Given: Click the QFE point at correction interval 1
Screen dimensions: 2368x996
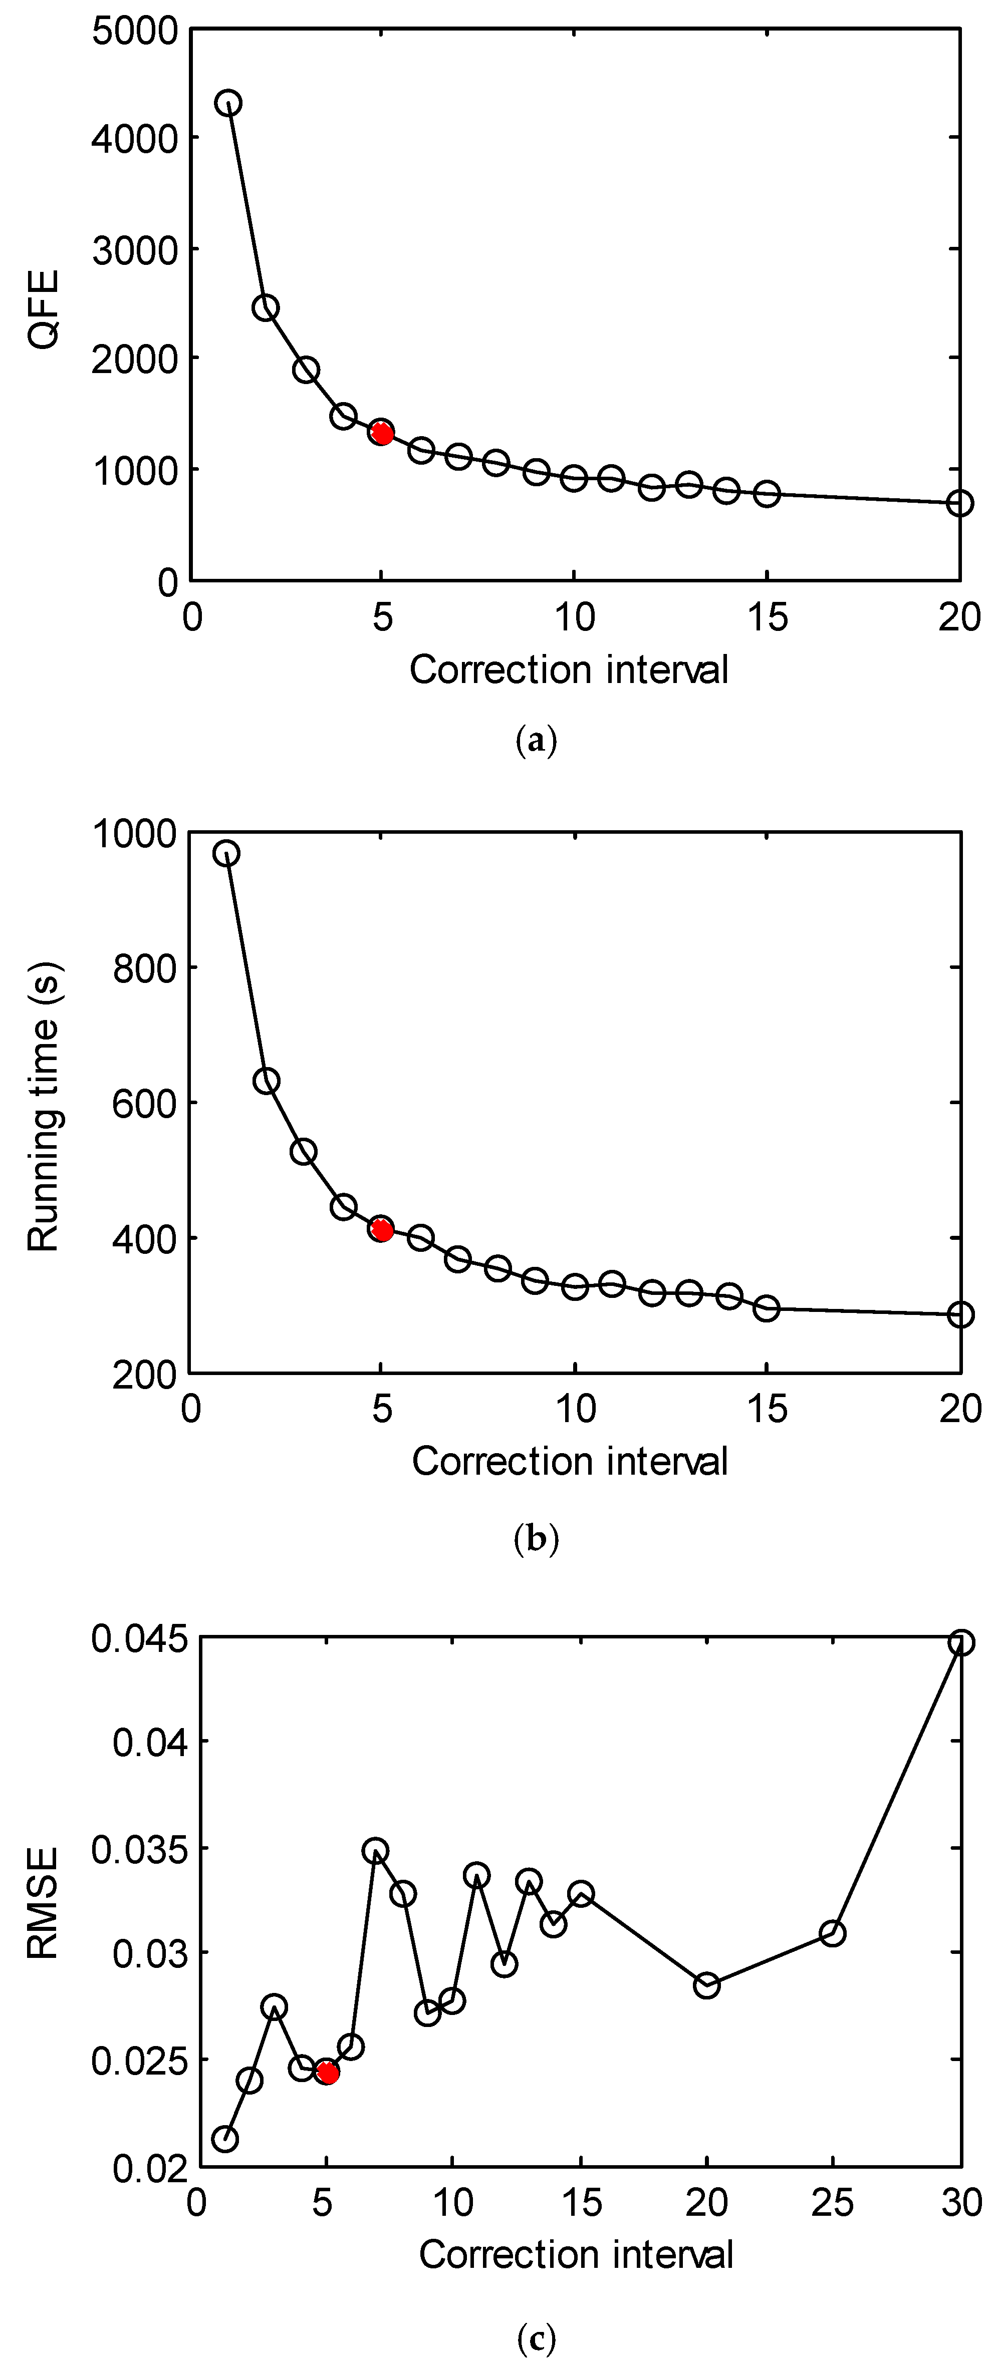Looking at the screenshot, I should [x=228, y=103].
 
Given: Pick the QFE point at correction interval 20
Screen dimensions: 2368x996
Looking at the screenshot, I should [x=959, y=503].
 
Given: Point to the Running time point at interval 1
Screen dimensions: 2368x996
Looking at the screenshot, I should [x=226, y=854].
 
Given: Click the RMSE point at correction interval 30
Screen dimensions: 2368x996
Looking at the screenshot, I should [x=960, y=1642].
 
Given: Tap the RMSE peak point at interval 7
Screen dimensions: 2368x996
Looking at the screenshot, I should [x=375, y=1850].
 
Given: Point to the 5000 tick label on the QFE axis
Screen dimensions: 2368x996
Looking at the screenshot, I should [x=135, y=31].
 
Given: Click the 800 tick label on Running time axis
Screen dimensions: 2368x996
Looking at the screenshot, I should [x=144, y=968].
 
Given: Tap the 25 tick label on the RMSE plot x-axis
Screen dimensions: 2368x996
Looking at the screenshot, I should [x=832, y=2203].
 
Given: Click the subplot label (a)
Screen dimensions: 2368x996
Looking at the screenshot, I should [x=536, y=740].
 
